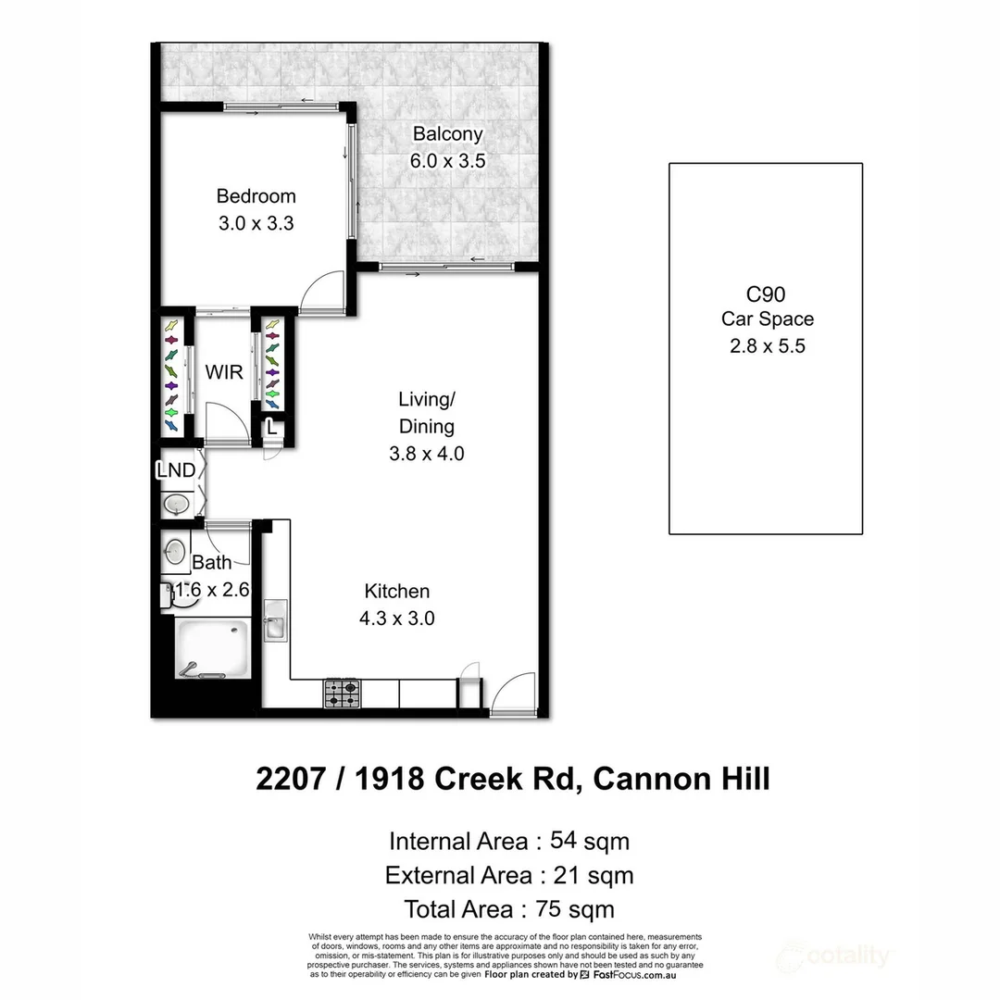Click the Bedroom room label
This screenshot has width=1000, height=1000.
coord(256,196)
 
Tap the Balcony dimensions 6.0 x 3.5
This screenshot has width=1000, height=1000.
coord(447,161)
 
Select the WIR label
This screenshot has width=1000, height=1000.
coord(223,373)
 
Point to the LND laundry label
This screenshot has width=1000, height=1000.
coord(176,470)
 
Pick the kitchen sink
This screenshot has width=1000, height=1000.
coord(276,620)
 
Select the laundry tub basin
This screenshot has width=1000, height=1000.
coord(176,505)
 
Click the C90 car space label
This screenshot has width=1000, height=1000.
coord(766,294)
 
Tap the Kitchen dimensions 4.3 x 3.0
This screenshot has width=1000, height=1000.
coord(396,619)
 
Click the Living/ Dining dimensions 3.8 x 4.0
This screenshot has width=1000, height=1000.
coord(426,454)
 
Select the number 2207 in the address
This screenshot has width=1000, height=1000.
coord(290,779)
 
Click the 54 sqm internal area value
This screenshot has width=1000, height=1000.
coord(589,842)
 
